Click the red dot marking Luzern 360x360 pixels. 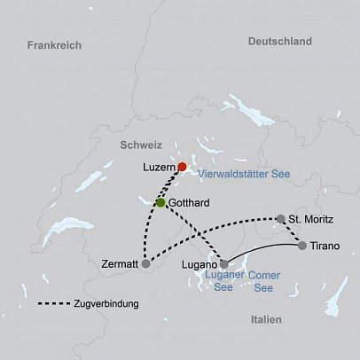click(x=182, y=167)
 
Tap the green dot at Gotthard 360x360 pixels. click(x=160, y=203)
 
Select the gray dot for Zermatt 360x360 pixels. click(x=146, y=263)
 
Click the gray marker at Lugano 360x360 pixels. click(x=223, y=263)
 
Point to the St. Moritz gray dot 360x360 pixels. click(x=280, y=218)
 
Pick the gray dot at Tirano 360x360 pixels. click(x=302, y=246)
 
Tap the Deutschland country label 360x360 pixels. click(x=280, y=41)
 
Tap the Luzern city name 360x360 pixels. click(x=159, y=167)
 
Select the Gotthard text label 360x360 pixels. click(x=188, y=203)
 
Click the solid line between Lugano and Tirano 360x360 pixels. click(x=266, y=242)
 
